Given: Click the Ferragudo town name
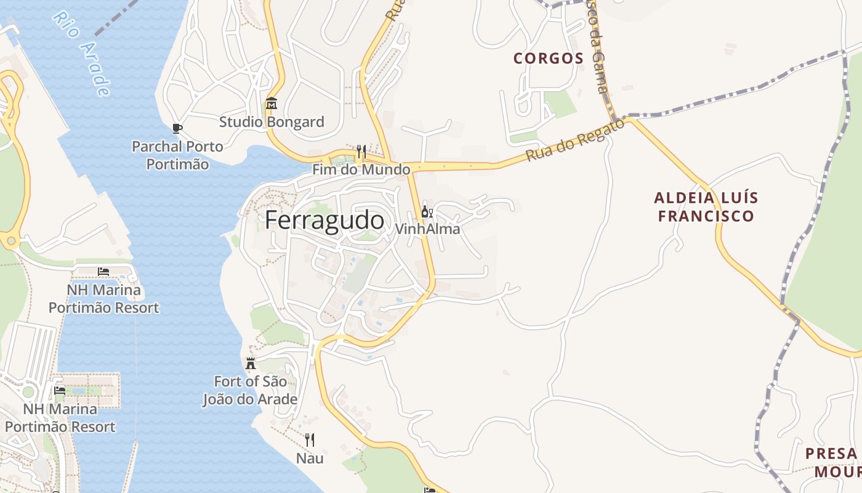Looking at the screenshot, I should click(x=324, y=220).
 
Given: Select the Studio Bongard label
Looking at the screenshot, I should click(x=272, y=122).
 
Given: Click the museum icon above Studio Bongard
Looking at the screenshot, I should click(x=272, y=104).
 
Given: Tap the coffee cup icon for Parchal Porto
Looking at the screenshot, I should click(x=177, y=128).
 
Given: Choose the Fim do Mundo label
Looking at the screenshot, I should click(x=361, y=169).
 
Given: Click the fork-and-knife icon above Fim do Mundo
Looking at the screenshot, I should click(x=361, y=151).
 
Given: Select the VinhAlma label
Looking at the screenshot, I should click(x=427, y=229).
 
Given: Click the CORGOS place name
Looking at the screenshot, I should click(x=549, y=59).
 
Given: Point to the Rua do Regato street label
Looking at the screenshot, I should click(x=574, y=141).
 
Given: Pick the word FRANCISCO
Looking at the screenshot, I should click(x=706, y=216).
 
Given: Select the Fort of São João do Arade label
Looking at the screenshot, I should click(x=250, y=390).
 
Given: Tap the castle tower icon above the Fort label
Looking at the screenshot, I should click(x=250, y=363).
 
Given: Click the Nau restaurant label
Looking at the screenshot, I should click(x=310, y=458).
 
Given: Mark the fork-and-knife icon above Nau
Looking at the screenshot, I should click(x=310, y=440).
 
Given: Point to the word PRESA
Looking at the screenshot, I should click(x=831, y=454).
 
